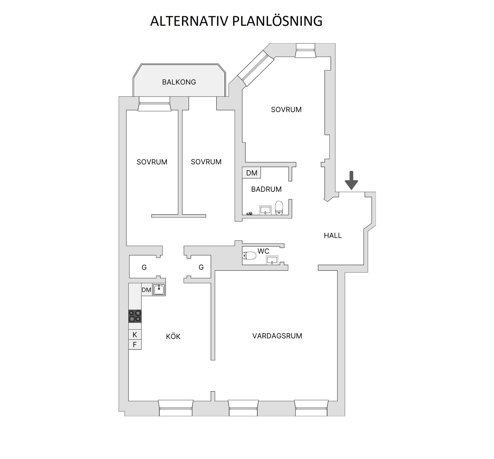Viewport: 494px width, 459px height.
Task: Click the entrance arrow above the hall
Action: pyautogui.click(x=351, y=180)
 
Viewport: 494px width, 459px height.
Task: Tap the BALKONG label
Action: pyautogui.click(x=179, y=82)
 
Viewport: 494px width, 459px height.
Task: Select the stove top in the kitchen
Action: pyautogui.click(x=135, y=316)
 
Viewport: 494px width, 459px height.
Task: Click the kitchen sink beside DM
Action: pyautogui.click(x=159, y=289)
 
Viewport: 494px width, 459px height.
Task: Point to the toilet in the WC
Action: pyautogui.click(x=249, y=255)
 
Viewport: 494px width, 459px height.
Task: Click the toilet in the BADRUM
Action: pyautogui.click(x=279, y=208)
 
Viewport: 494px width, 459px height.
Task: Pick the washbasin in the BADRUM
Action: pyautogui.click(x=265, y=210)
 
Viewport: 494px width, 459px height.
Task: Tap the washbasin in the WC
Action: pyautogui.click(x=272, y=260)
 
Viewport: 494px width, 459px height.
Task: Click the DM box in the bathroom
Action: pyautogui.click(x=251, y=173)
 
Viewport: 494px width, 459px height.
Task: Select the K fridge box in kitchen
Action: pyautogui.click(x=135, y=335)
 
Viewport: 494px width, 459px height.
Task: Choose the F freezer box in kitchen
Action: pyautogui.click(x=135, y=344)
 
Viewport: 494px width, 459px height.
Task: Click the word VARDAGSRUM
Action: pyautogui.click(x=277, y=336)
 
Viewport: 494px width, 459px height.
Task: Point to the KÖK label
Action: pyautogui.click(x=173, y=336)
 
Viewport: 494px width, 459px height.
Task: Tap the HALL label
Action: pyautogui.click(x=333, y=236)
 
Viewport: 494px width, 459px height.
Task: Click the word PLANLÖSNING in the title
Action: pyautogui.click(x=277, y=21)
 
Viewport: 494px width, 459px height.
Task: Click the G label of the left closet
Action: pyautogui.click(x=144, y=268)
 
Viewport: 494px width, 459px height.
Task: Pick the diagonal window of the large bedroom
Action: pyautogui.click(x=256, y=68)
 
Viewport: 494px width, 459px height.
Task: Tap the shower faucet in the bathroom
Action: pyautogui.click(x=250, y=213)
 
